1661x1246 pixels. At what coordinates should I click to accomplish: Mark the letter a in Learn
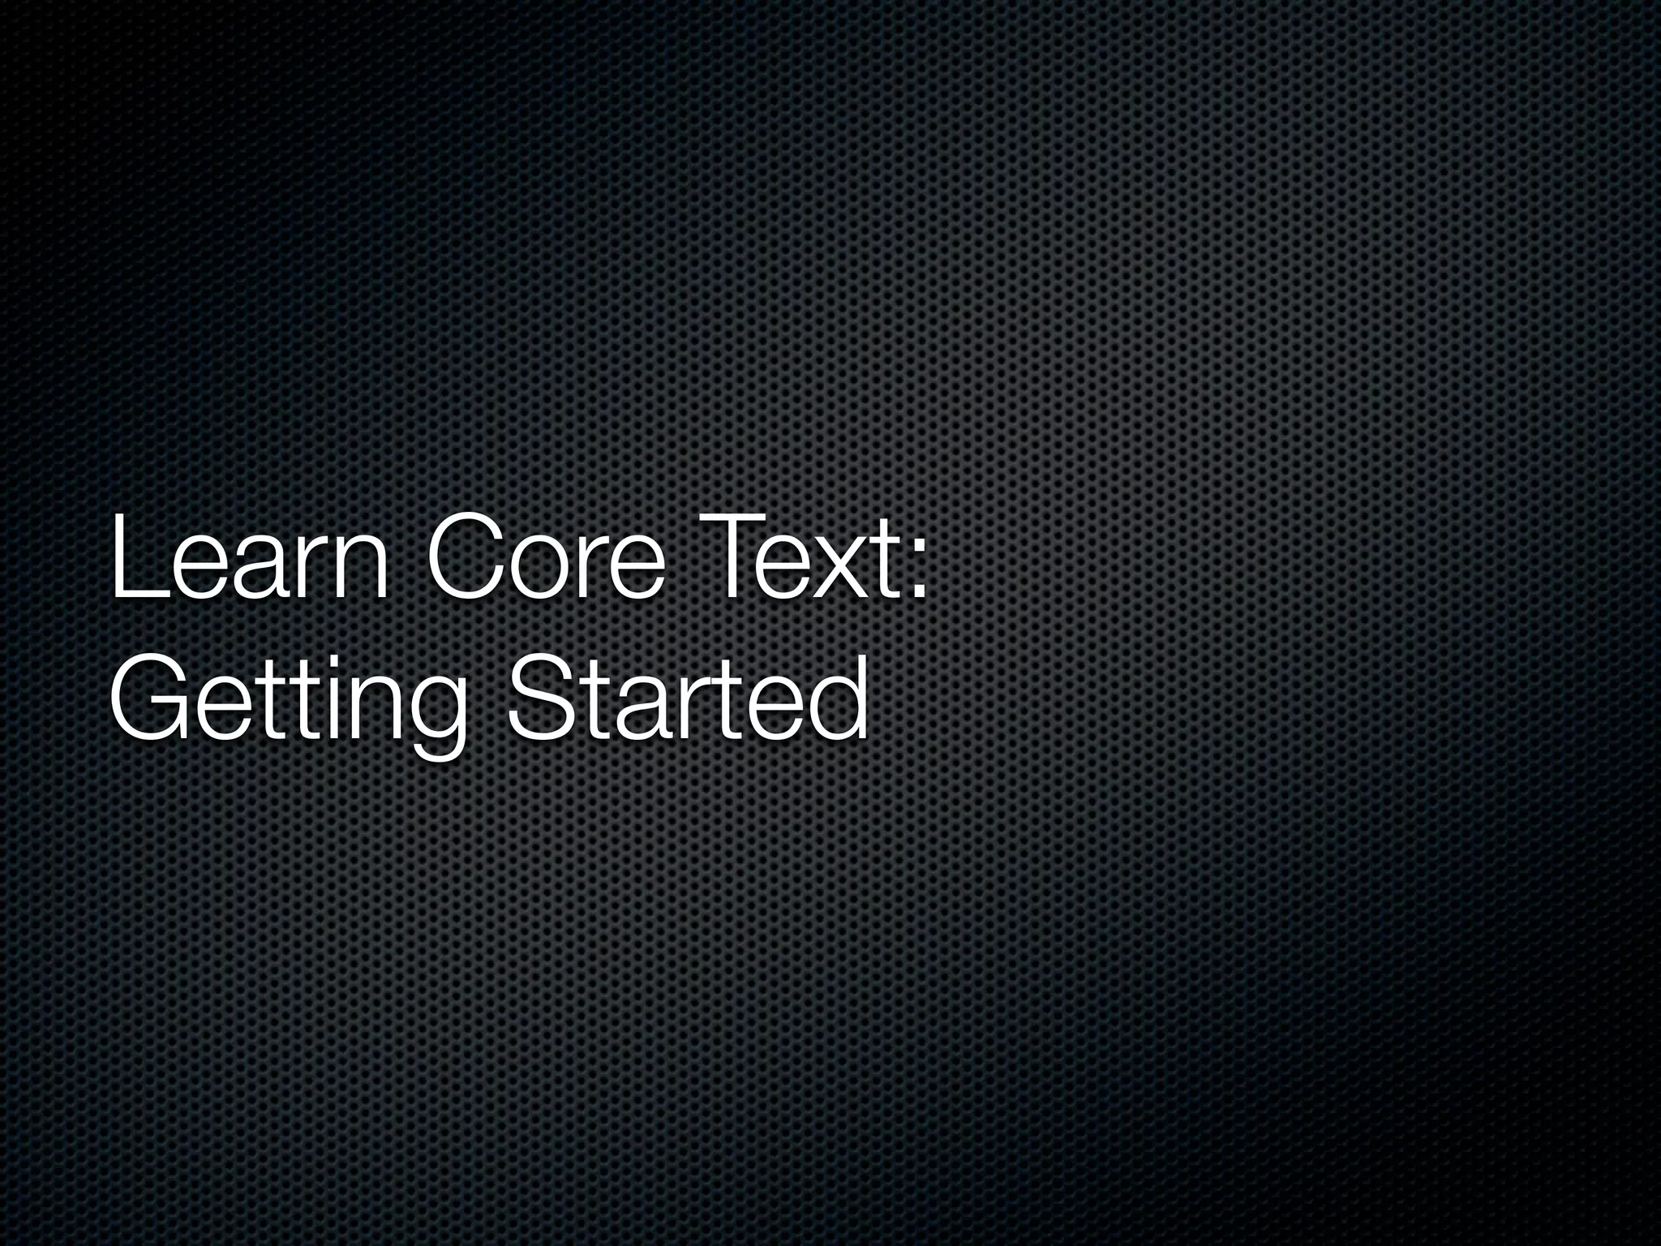tap(260, 573)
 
